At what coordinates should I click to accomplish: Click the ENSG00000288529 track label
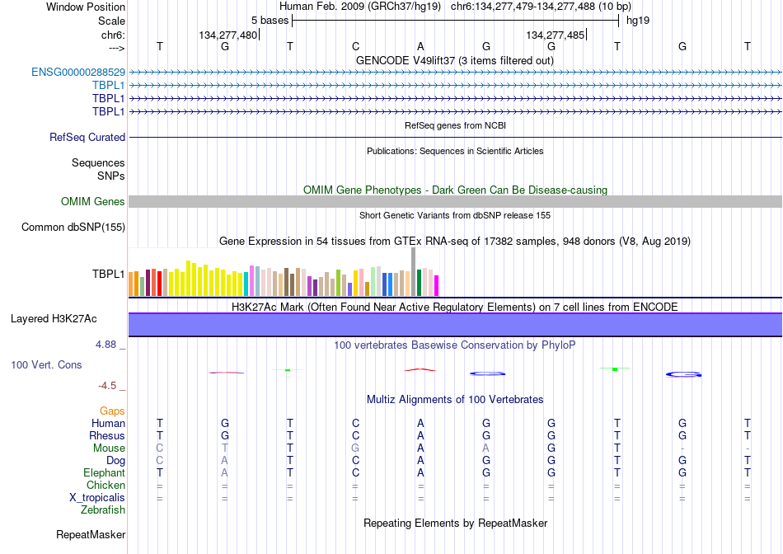click(x=78, y=73)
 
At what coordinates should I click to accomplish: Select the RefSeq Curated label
click(x=87, y=138)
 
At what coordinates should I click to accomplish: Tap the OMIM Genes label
click(x=92, y=201)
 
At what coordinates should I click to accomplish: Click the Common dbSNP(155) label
click(x=73, y=228)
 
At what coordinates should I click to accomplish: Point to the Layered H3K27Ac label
click(x=54, y=319)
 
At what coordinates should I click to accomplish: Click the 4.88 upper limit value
click(x=105, y=345)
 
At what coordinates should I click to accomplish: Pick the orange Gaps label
click(x=112, y=411)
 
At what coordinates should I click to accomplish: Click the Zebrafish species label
click(x=103, y=510)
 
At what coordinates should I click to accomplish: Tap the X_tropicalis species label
click(x=97, y=498)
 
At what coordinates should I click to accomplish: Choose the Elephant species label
click(x=104, y=472)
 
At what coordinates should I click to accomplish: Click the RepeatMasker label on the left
click(x=91, y=534)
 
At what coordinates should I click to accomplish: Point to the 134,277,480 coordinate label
click(x=227, y=35)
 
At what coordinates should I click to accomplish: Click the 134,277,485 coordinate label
click(x=555, y=35)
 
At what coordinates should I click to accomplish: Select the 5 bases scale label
click(x=270, y=21)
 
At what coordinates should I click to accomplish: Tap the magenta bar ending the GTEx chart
click(x=437, y=286)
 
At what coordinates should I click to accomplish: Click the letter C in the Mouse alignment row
click(x=160, y=448)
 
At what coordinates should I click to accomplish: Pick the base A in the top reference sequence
click(x=420, y=46)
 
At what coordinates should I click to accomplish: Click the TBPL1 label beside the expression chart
click(x=108, y=274)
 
